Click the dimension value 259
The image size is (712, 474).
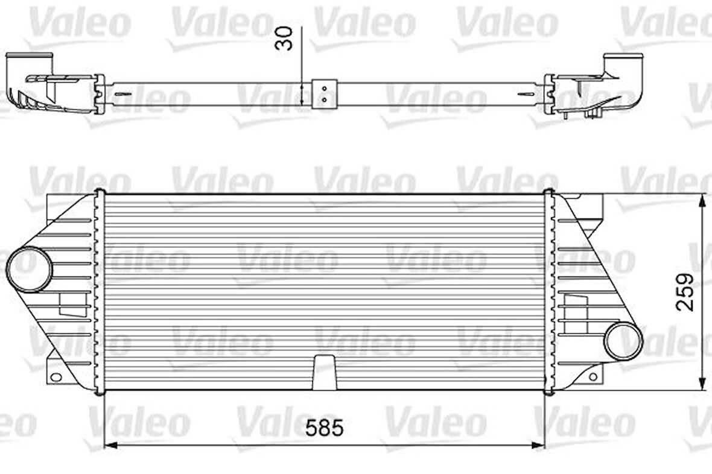click(684, 292)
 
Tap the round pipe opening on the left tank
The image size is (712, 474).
click(30, 269)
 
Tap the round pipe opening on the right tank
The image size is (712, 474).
click(621, 341)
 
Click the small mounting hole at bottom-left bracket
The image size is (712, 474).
click(56, 378)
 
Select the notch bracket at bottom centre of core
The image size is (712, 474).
click(325, 372)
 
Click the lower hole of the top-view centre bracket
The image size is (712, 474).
click(324, 99)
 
